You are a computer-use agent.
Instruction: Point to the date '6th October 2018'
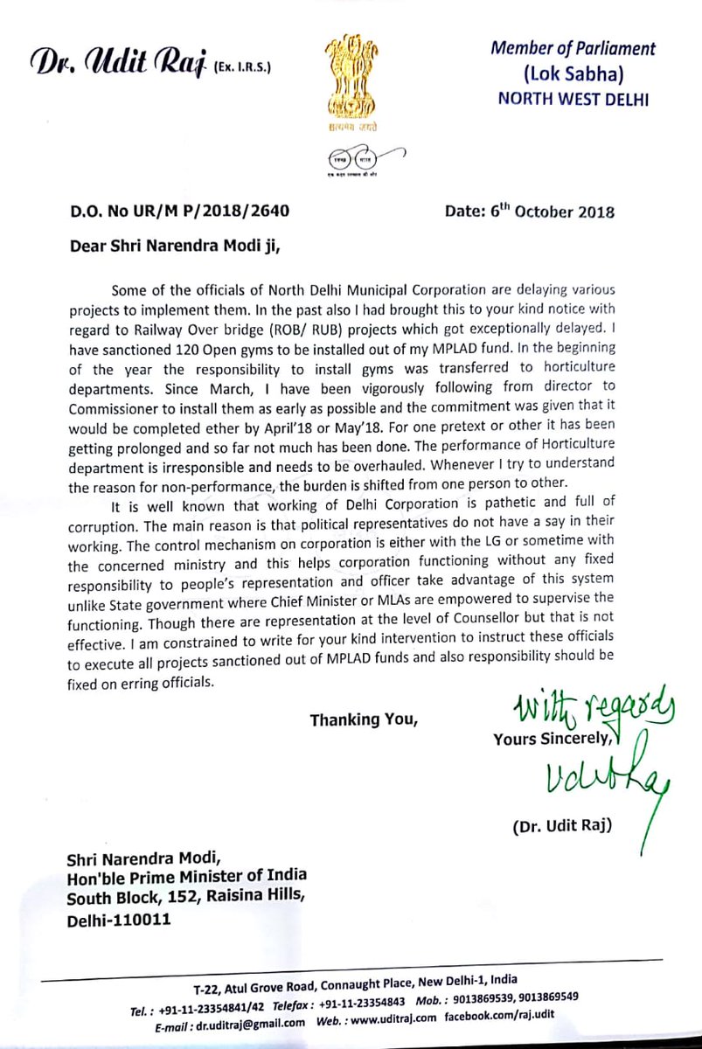[x=553, y=212]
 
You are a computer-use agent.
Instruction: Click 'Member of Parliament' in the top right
[x=572, y=49]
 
